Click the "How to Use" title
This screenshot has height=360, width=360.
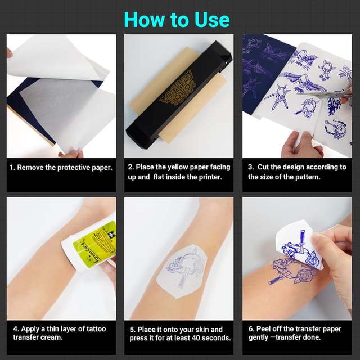(177, 19)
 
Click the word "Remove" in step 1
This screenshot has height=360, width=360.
(32, 167)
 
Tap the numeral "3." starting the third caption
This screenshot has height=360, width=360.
(251, 167)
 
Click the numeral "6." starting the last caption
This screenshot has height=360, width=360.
(251, 329)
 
